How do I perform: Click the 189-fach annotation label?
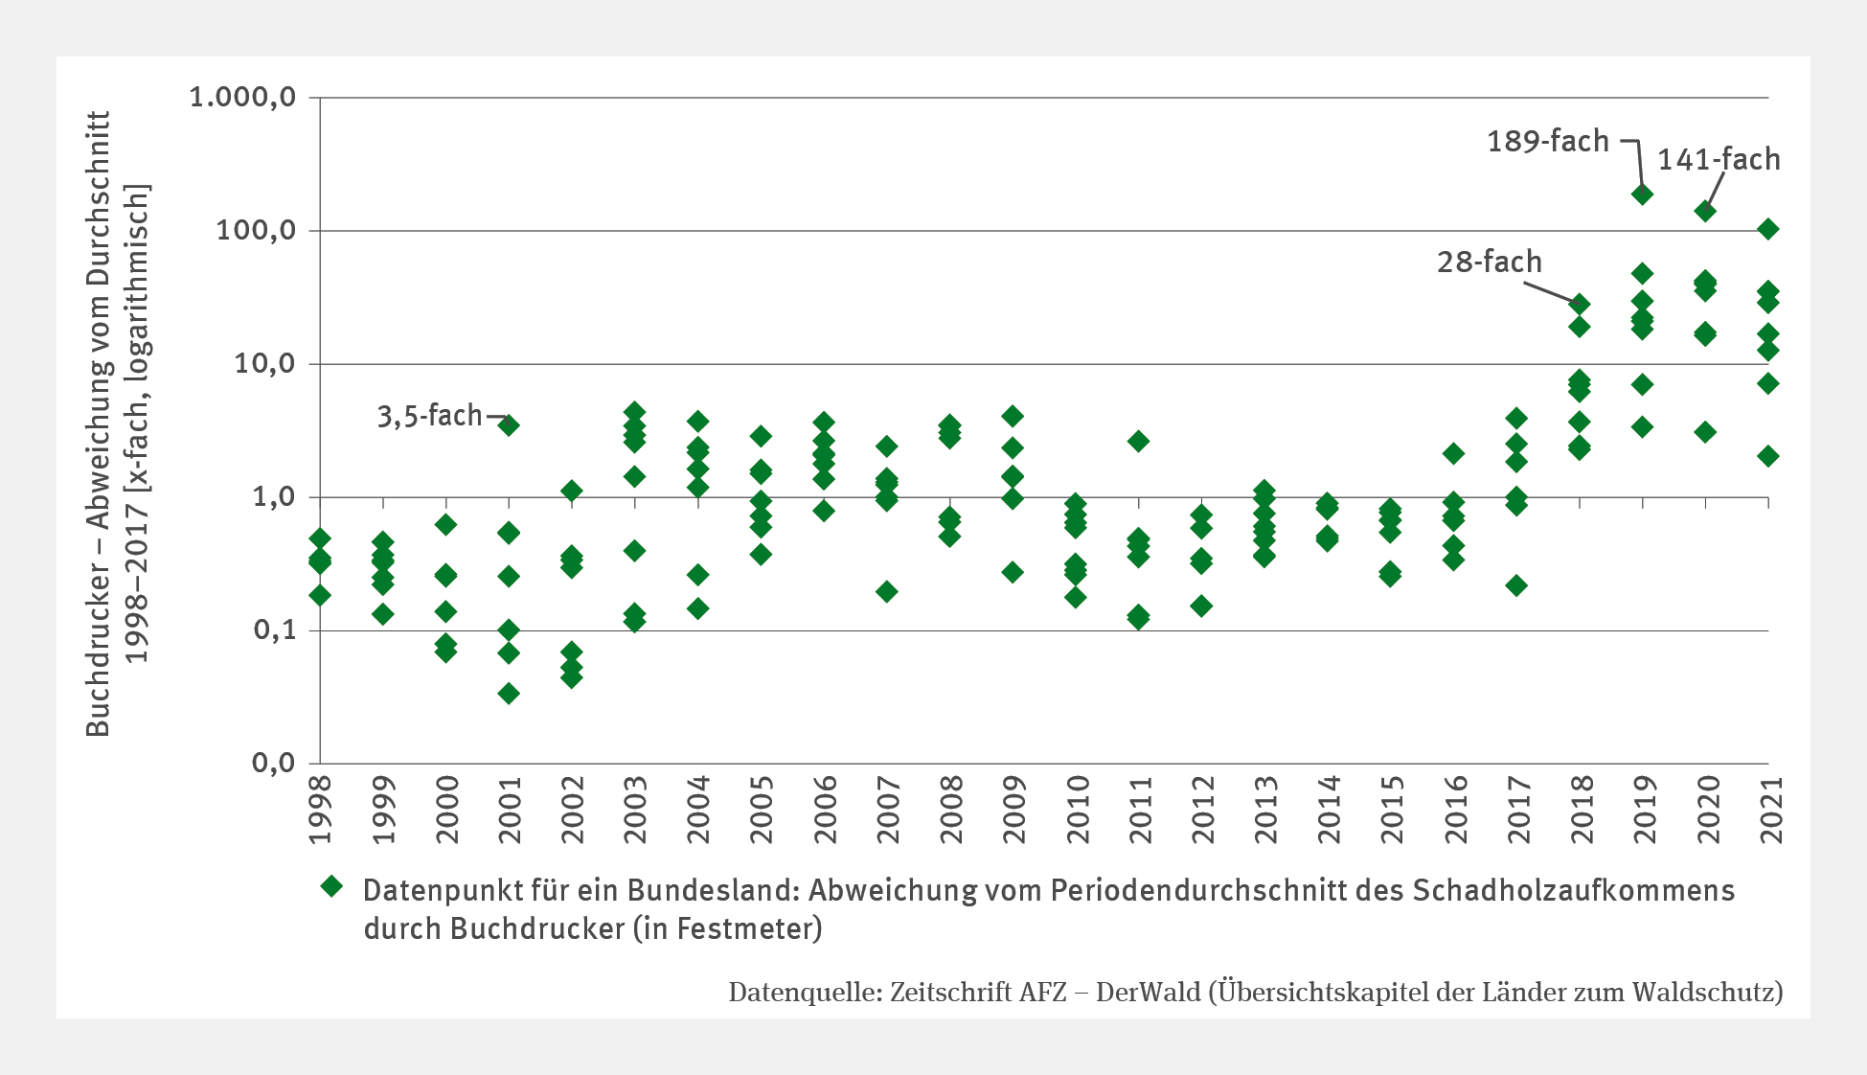(1547, 142)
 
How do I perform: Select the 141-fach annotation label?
(1719, 159)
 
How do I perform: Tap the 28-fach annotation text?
(1489, 262)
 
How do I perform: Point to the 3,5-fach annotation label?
(429, 416)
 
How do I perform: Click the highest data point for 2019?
(1642, 194)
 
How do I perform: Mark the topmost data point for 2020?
(1705, 211)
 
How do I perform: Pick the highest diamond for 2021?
(1768, 229)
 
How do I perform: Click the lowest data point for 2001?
(509, 694)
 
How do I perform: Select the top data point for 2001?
(509, 425)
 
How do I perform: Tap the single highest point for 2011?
(1138, 442)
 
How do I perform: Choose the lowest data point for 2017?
(1516, 585)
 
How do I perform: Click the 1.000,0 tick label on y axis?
(242, 98)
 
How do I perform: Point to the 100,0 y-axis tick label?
(255, 231)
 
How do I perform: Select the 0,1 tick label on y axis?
(274, 630)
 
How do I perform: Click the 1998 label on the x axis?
(321, 810)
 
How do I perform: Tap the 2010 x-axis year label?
(1077, 810)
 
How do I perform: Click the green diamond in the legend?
(331, 886)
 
